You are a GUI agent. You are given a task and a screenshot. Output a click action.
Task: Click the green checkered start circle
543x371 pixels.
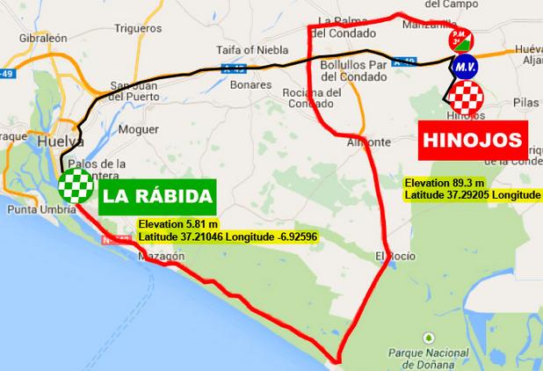tap(76, 185)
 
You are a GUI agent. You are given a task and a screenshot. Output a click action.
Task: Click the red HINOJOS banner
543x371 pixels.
tap(472, 141)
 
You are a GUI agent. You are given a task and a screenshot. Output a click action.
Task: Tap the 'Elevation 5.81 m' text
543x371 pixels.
tap(177, 225)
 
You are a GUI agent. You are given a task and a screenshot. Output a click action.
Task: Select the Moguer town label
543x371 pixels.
tap(138, 128)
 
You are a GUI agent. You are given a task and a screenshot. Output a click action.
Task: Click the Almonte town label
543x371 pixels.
tap(369, 142)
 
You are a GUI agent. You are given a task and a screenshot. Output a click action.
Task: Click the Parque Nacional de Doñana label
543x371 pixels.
tap(428, 357)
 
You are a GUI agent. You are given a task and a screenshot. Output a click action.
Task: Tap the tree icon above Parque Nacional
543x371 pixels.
tap(428, 337)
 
